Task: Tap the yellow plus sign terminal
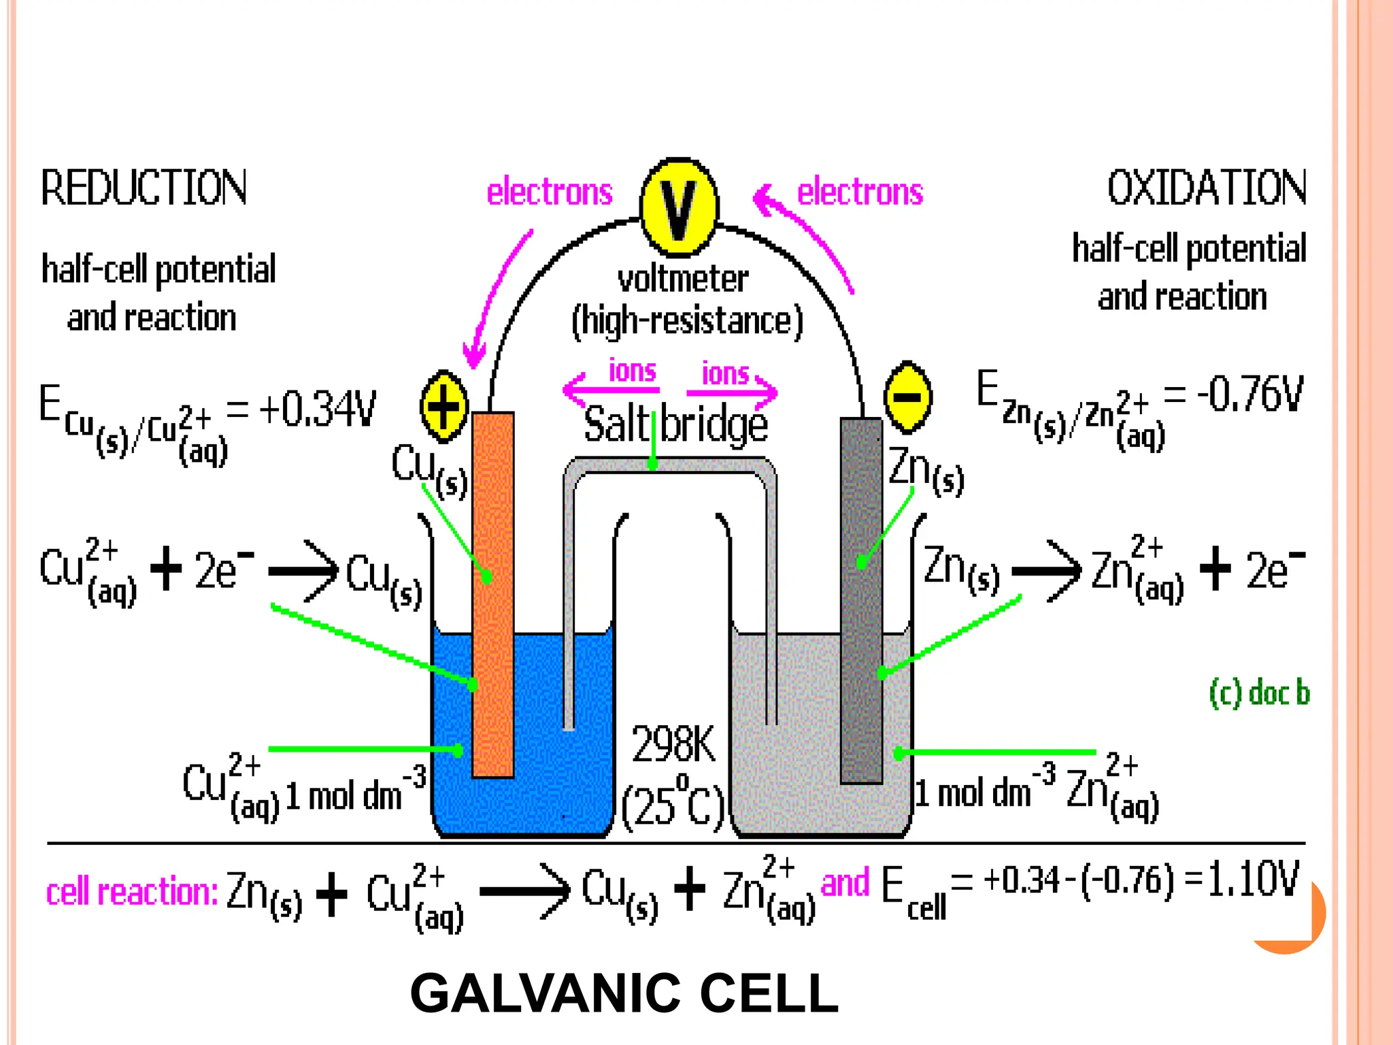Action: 444,407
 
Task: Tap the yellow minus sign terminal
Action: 907,397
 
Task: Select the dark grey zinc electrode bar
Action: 861,599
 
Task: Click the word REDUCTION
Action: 144,188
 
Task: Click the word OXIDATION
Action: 1207,188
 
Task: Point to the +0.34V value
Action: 317,409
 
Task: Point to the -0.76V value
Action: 1250,395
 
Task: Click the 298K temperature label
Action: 673,744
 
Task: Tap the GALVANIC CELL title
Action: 624,993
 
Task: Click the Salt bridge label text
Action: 675,425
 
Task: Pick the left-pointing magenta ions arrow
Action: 610,390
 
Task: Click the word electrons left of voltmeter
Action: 550,192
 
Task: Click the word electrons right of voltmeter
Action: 860,192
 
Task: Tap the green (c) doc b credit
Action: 1259,693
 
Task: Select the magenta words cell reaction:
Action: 132,891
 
